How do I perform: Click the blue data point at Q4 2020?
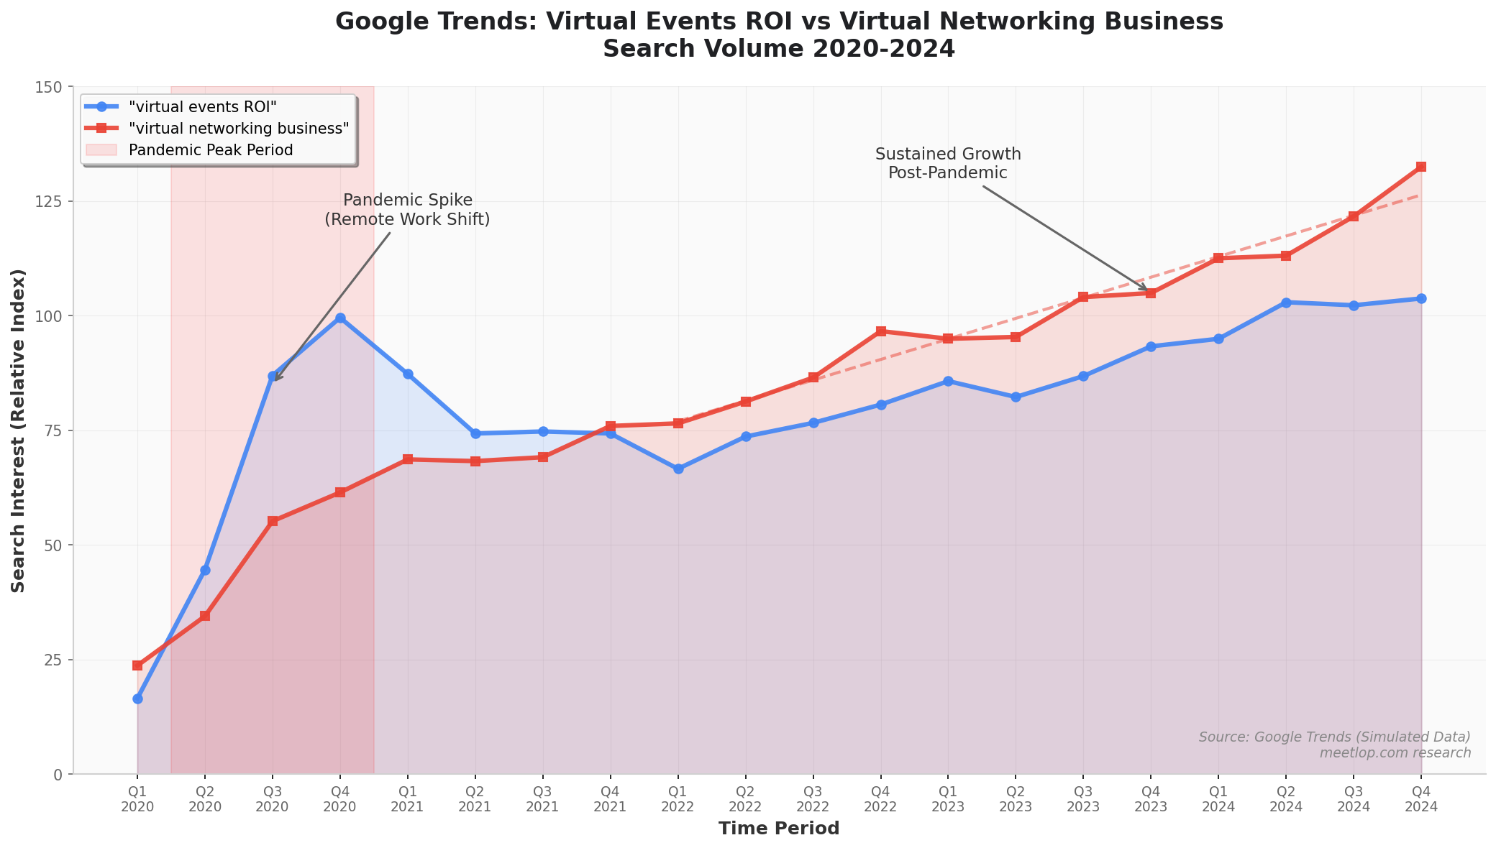[x=340, y=318]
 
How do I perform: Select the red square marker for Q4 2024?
[x=1421, y=167]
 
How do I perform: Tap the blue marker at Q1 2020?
[x=137, y=699]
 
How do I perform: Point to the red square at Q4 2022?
[x=881, y=331]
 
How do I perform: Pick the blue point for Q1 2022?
[x=678, y=469]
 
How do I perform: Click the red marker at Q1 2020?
[x=137, y=665]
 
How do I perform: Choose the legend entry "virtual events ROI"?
[x=202, y=106]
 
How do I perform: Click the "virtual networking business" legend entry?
[x=238, y=128]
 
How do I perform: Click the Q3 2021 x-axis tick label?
[x=543, y=799]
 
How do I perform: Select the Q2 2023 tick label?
[x=1016, y=799]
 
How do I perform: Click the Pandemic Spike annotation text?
[x=407, y=210]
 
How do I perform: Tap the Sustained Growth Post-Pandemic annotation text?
[x=948, y=164]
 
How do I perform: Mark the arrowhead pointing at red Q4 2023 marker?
[x=1145, y=289]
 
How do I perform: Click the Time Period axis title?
[x=779, y=829]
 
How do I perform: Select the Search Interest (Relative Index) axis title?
[x=19, y=430]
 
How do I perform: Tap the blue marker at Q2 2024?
[x=1286, y=303]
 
